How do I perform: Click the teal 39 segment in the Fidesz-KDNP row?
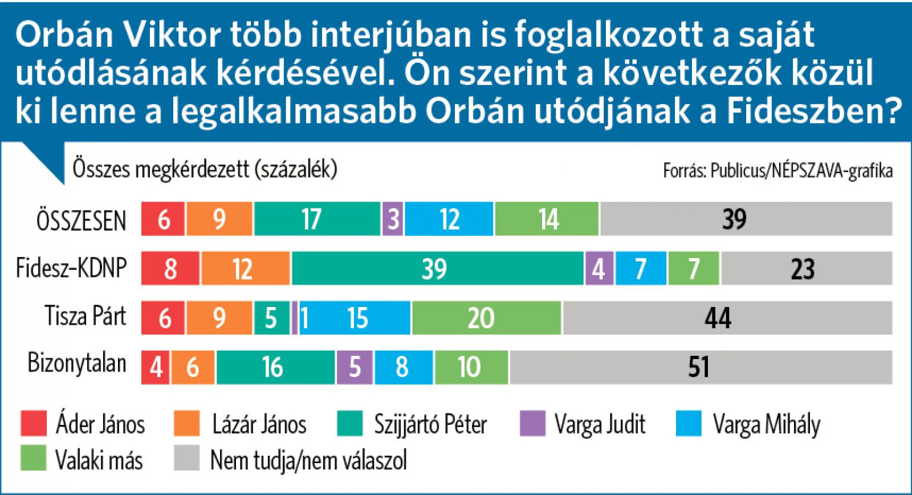pos(438,268)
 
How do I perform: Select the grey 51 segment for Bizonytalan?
pos(701,367)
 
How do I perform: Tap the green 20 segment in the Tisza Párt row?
pos(486,318)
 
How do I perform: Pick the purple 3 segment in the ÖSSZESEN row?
pos(392,219)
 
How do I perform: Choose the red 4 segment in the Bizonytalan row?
pos(155,367)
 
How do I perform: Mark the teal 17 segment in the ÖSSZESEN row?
pos(317,219)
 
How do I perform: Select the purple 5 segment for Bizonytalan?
pos(354,367)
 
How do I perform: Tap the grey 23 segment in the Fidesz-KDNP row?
pos(806,268)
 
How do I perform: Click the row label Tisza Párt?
pos(85,317)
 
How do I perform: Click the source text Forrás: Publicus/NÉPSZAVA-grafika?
pos(777,171)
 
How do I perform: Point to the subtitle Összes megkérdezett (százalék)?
pos(205,170)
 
